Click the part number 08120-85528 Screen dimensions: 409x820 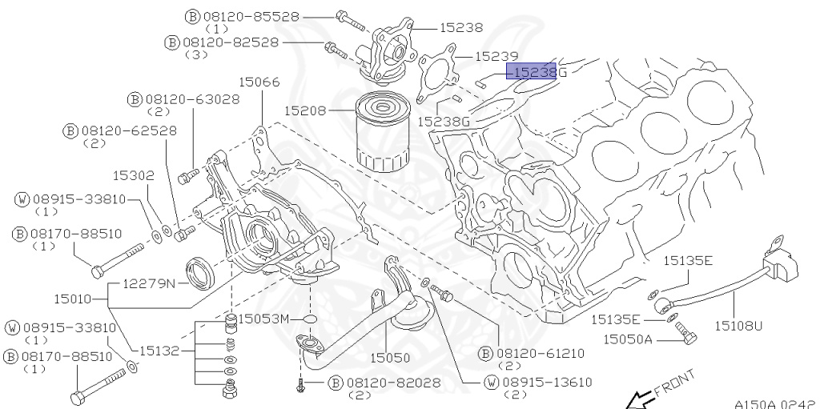[x=248, y=16]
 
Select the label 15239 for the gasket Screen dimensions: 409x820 [x=497, y=57]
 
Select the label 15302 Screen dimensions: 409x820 [x=133, y=174]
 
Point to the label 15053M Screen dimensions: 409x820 [x=266, y=319]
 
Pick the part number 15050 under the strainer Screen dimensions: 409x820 [x=389, y=359]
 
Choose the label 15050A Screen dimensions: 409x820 [x=629, y=339]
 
